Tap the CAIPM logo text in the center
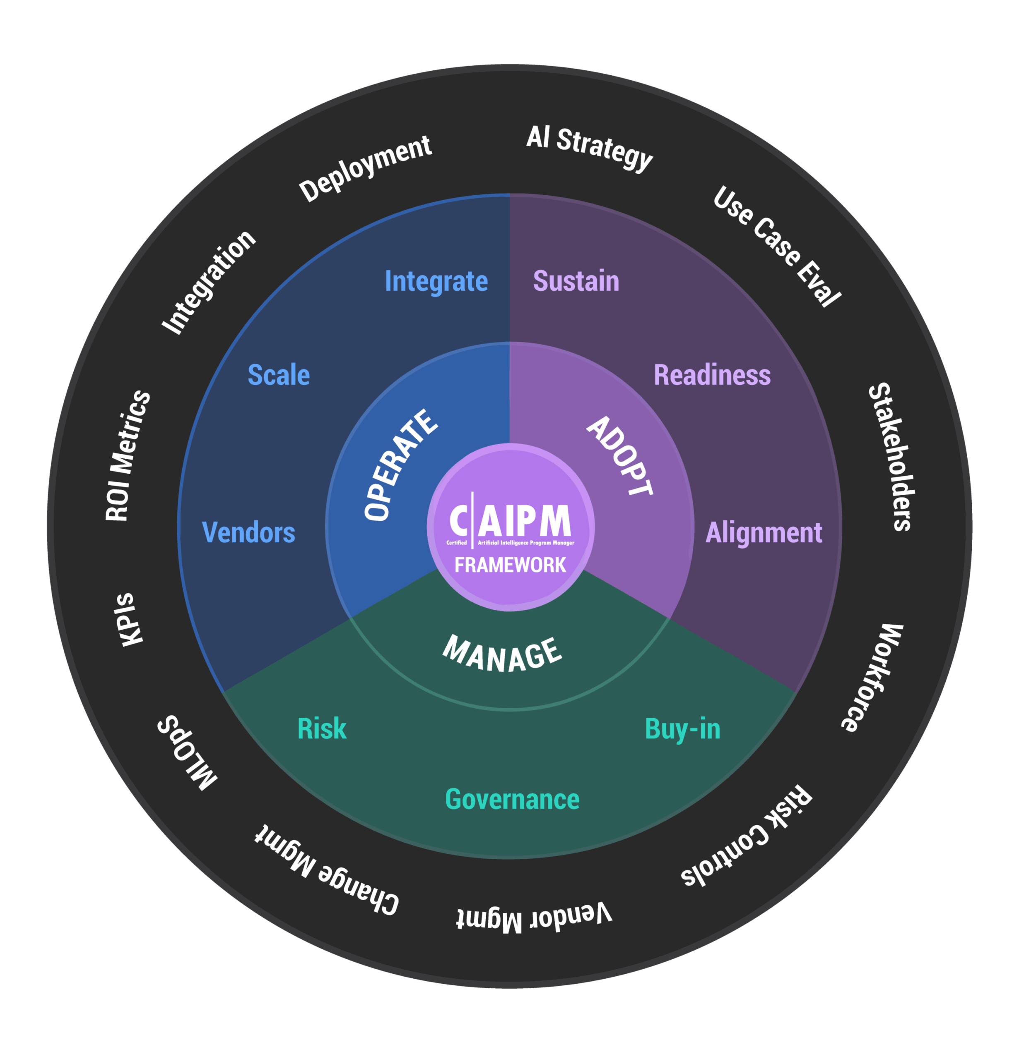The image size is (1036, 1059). [x=511, y=521]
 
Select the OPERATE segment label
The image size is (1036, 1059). [x=400, y=465]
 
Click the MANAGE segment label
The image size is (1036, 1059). [x=502, y=655]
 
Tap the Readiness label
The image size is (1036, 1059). [x=712, y=375]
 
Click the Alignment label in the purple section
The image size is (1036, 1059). [x=764, y=532]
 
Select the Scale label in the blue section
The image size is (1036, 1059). [x=279, y=375]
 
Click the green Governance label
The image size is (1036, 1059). [x=512, y=799]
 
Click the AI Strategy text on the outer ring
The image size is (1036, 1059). [x=590, y=147]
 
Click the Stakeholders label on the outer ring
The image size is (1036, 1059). [x=891, y=457]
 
